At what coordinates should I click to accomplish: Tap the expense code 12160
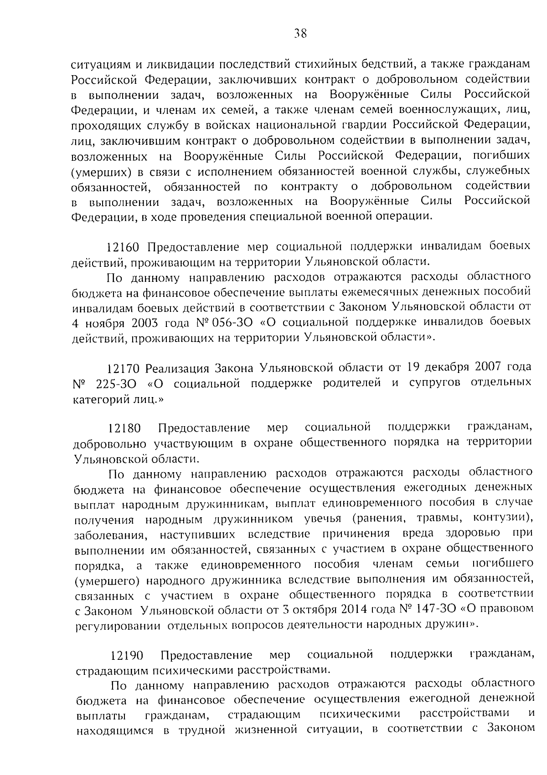[122, 248]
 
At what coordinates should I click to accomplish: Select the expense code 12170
[123, 368]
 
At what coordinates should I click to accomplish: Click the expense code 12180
[124, 428]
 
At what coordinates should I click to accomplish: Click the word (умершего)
[107, 580]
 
